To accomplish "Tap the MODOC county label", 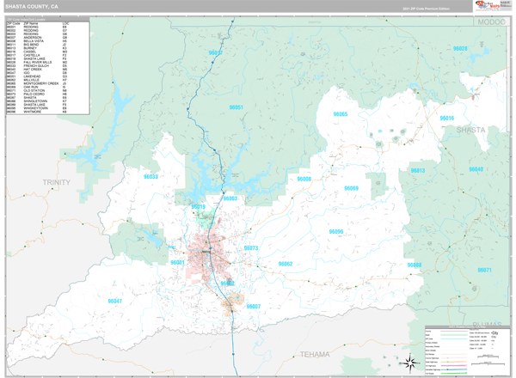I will coord(492,21).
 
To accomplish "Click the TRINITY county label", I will coord(57,182).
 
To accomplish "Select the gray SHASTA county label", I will coord(470,130).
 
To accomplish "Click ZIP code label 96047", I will coord(114,302).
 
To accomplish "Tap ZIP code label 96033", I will coord(150,177).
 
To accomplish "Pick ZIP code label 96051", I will coord(236,107).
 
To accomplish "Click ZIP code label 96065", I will coord(341,114).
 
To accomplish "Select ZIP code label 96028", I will coord(460,49).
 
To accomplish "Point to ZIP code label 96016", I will coord(447,118).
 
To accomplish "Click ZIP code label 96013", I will coord(417,171).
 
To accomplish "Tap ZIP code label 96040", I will coord(476,169).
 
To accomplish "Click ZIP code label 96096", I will coord(336,232).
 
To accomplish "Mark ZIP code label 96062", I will coord(285,264).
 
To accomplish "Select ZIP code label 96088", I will coord(415,265).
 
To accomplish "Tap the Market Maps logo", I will coord(486,6).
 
